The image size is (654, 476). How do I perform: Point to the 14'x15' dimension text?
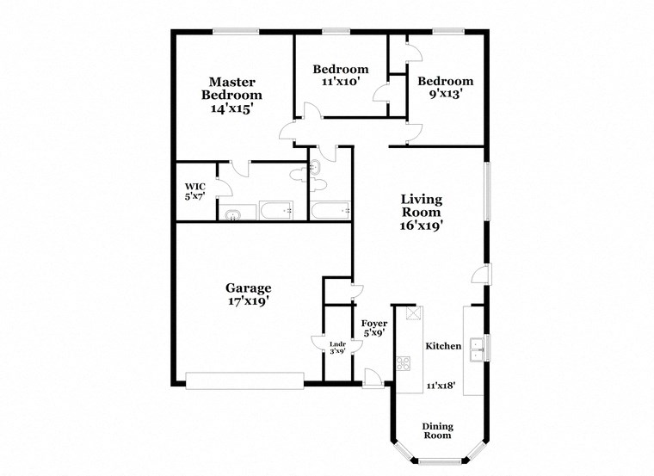pos(231,109)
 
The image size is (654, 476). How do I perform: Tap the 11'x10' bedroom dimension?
pos(340,82)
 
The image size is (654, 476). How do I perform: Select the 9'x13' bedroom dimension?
pos(445,95)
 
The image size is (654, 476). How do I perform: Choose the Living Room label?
pos(421,206)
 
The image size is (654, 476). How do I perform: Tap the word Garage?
pos(248,288)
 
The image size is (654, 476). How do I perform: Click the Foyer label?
pos(373,323)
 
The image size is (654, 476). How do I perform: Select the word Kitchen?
pos(443,346)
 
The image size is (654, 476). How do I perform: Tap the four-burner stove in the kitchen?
pos(404,362)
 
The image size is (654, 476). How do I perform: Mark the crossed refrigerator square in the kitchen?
pos(413,314)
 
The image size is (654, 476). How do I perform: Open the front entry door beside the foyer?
pos(373,378)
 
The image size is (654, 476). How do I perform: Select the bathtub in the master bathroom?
pos(275,209)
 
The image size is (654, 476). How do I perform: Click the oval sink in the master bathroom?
pos(232,215)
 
